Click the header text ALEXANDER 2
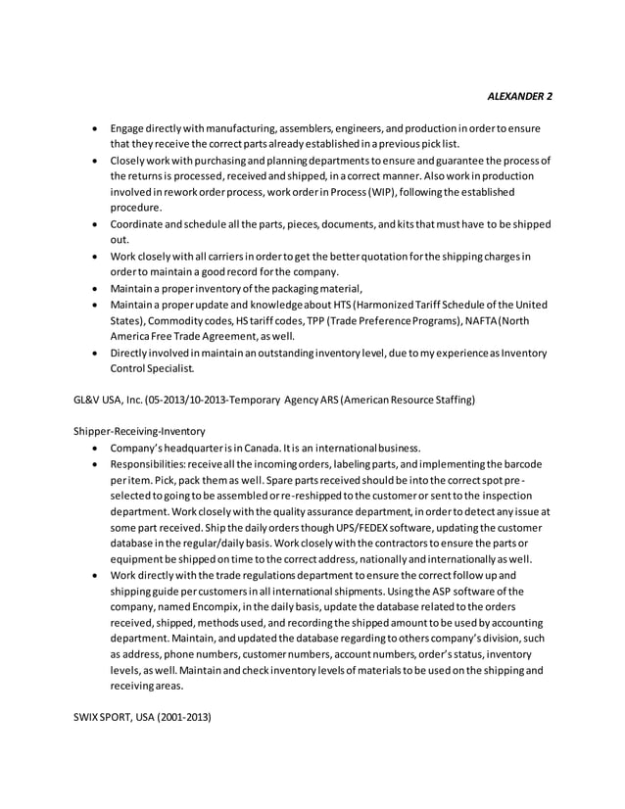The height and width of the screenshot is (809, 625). [519, 96]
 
